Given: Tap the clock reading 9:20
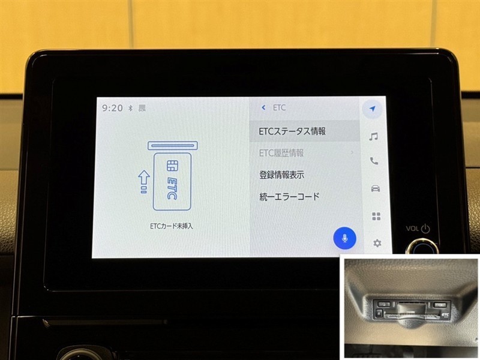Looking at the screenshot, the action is [x=112, y=108].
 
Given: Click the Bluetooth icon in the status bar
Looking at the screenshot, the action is [x=130, y=108].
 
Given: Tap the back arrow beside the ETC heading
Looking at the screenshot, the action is [x=263, y=107].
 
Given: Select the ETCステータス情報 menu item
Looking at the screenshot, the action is [x=292, y=131].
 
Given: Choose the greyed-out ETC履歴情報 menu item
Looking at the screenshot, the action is [x=281, y=153].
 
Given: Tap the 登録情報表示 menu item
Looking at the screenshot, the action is [x=281, y=175].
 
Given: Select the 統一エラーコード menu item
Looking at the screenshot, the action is [x=289, y=197].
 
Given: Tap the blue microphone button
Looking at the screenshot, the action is [x=344, y=238].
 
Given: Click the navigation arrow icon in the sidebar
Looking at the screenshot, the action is [x=372, y=109].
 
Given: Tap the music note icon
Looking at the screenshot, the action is [x=373, y=136].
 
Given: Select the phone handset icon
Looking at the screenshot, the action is [x=374, y=161].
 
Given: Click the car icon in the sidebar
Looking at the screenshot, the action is [x=376, y=188].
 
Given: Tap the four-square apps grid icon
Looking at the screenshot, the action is [x=376, y=216].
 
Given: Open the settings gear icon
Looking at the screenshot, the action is [x=377, y=244].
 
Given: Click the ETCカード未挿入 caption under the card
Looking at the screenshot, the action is [x=172, y=226].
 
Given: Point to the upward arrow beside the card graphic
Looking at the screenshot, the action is [x=143, y=182].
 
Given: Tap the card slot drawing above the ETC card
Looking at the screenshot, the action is [x=173, y=145].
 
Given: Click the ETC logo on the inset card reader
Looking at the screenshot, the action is [x=445, y=314].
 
